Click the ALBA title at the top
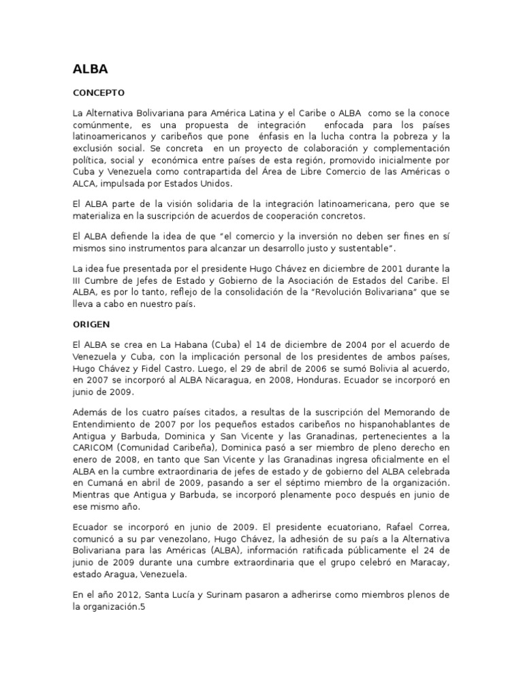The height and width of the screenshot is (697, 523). tap(89, 69)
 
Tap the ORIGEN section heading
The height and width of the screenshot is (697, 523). tap(91, 324)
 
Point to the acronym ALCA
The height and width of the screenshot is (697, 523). tap(85, 184)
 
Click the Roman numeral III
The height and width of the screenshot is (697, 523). tap(78, 280)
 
